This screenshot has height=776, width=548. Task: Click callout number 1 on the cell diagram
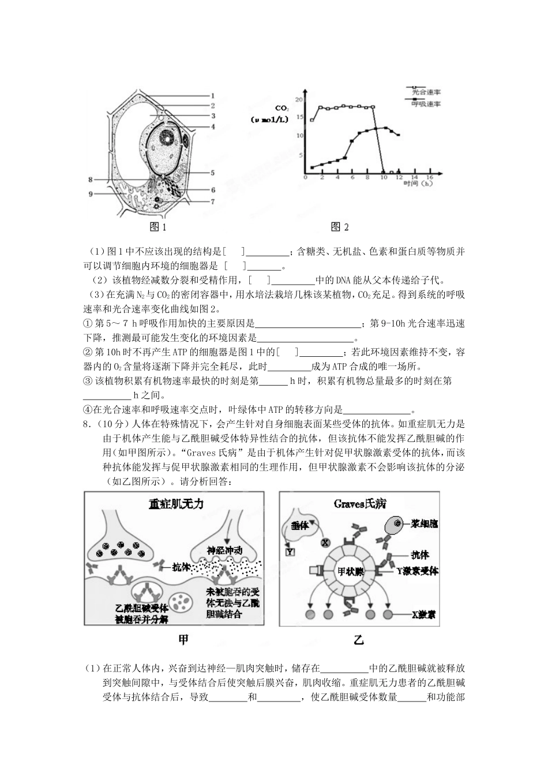pyautogui.click(x=213, y=96)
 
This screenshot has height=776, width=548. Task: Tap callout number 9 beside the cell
pyautogui.click(x=91, y=194)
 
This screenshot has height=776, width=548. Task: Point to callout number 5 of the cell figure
pyautogui.click(x=212, y=173)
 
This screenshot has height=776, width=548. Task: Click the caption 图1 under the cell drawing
pyautogui.click(x=157, y=227)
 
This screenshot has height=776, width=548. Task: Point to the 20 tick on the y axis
pyautogui.click(x=298, y=100)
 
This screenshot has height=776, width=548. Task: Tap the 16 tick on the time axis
pyautogui.click(x=429, y=177)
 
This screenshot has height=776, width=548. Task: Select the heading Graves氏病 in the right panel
pyautogui.click(x=359, y=503)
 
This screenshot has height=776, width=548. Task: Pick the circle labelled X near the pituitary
pyautogui.click(x=325, y=543)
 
